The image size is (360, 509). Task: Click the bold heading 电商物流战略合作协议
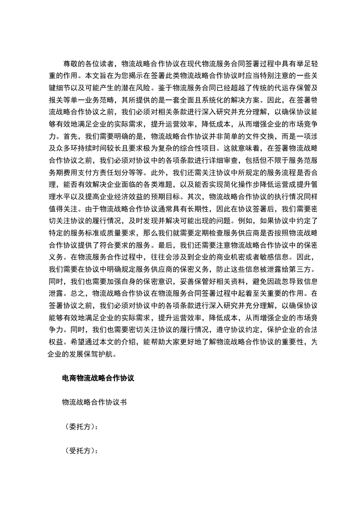(98, 378)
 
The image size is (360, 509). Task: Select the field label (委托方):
(80, 427)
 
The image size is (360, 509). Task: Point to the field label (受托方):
(80, 451)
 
